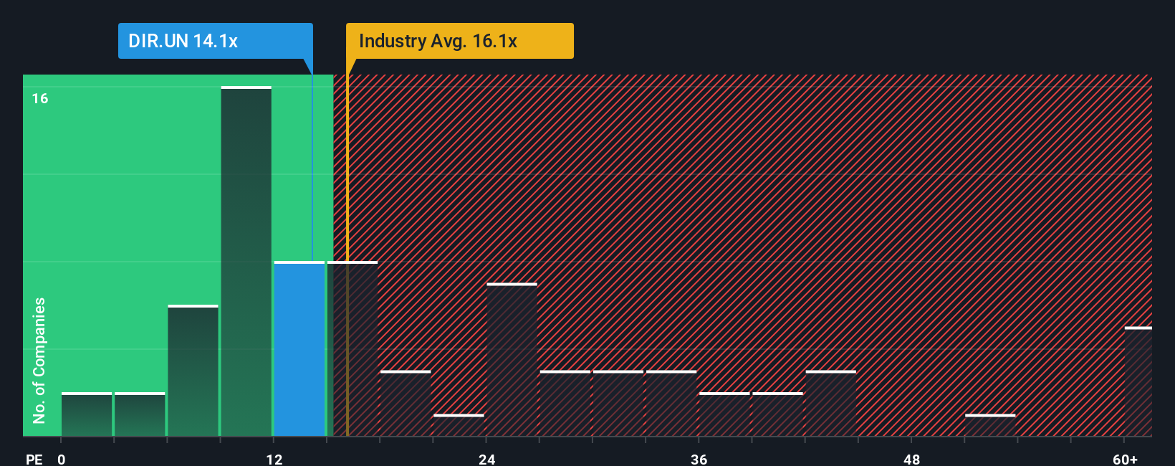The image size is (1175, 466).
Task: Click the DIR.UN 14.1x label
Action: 183,41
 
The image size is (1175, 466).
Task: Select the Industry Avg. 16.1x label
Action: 438,41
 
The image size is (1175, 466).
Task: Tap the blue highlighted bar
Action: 299,349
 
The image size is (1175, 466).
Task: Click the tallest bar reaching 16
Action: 246,262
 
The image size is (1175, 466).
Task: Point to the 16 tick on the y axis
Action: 40,98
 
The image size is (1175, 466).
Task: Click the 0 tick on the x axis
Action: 62,459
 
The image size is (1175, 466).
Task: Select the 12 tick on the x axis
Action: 274,459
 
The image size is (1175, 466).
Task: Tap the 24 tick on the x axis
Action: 487,459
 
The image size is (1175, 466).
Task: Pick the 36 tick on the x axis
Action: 699,459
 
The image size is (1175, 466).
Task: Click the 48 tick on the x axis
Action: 911,459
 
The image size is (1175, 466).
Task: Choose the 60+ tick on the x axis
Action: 1125,459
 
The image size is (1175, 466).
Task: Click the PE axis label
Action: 34,459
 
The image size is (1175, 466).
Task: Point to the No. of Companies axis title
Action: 39,360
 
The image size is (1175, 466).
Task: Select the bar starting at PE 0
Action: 87,414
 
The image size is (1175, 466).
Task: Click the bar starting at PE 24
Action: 512,360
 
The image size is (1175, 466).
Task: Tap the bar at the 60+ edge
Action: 1138,381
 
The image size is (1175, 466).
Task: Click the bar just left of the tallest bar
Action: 193,371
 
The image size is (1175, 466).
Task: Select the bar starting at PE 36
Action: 724,414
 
